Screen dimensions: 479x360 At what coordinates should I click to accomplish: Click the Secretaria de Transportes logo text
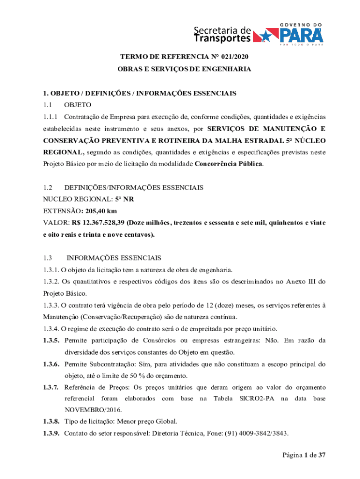pyautogui.click(x=223, y=34)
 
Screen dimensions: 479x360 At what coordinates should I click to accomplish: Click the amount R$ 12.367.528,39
pyautogui.click(x=98, y=222)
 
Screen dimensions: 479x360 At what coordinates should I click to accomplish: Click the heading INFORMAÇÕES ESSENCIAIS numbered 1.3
pyautogui.click(x=114, y=258)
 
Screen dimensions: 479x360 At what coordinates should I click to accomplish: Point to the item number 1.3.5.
pyautogui.click(x=50, y=340)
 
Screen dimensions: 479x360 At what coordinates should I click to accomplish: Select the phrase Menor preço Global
pyautogui.click(x=146, y=421)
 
